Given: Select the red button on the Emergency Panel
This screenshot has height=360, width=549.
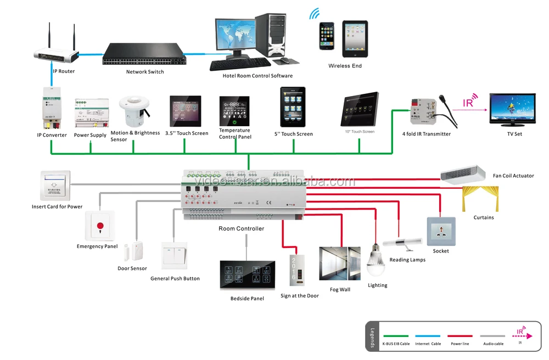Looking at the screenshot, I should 100,226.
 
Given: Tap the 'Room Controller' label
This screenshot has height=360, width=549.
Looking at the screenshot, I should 241,229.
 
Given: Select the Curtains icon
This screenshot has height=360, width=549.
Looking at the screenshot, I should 480,199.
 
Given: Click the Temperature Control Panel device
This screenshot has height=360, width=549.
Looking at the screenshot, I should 234,111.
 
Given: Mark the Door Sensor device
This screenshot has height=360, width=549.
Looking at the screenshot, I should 133,252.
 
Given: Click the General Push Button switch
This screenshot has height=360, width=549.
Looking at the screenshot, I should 175,256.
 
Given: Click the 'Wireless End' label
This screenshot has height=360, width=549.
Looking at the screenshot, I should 345,66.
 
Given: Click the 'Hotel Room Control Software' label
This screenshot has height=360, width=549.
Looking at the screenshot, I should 257,76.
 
